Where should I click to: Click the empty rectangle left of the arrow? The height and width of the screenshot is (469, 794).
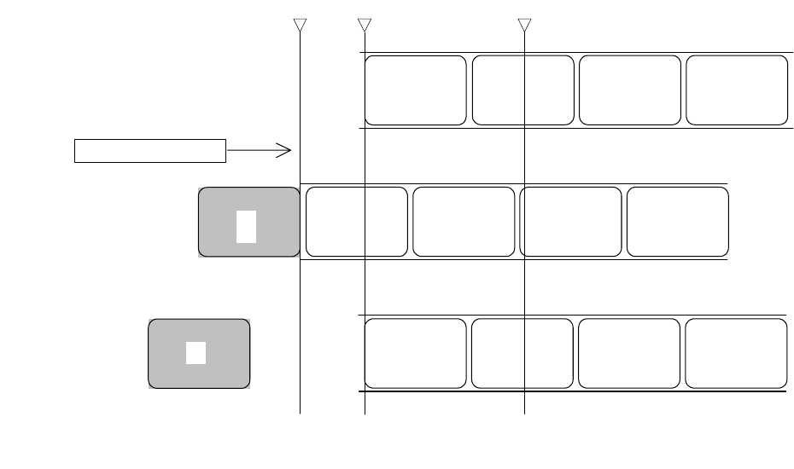coord(150,150)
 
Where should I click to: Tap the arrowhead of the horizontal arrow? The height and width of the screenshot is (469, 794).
coord(289,151)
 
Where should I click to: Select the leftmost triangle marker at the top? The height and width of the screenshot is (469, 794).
coord(300,25)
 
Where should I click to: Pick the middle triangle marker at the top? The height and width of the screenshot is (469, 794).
coord(365,25)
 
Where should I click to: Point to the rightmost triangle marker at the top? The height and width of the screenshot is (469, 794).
coord(524,25)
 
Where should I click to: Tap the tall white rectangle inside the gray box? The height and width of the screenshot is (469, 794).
coord(247,225)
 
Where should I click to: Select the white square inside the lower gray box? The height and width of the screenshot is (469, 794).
coord(196,352)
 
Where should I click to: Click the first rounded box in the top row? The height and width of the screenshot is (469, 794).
coord(415,90)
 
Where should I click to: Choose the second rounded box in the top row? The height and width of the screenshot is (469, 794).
coord(523,90)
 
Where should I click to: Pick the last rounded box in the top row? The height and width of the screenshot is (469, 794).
coord(736,90)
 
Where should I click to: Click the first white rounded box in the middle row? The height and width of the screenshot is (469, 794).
coord(356,222)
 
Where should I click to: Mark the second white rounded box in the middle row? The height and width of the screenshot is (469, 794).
coord(464,222)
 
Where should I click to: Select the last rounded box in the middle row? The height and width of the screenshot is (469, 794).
coord(677,222)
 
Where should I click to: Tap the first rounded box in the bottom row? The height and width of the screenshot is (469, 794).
coord(415,354)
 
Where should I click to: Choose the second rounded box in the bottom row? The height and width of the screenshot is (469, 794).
coord(522,354)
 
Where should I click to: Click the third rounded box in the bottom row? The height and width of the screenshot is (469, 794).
coord(629,354)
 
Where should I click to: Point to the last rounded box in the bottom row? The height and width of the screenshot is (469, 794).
coord(736,354)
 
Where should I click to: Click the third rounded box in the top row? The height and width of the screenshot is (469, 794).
coord(630,90)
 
